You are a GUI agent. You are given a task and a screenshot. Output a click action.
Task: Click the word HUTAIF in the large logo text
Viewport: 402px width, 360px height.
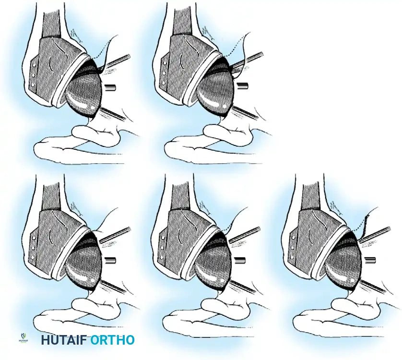63,340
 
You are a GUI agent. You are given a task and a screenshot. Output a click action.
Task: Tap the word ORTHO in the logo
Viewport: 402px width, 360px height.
112,340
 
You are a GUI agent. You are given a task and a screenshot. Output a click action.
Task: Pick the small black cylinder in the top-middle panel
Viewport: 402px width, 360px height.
243,86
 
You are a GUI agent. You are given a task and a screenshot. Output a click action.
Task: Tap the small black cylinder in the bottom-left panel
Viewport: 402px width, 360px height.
111,260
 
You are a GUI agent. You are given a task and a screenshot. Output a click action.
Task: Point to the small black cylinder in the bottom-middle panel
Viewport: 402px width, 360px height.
240,260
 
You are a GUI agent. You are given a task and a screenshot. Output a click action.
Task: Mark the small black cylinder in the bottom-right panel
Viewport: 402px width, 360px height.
370,261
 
